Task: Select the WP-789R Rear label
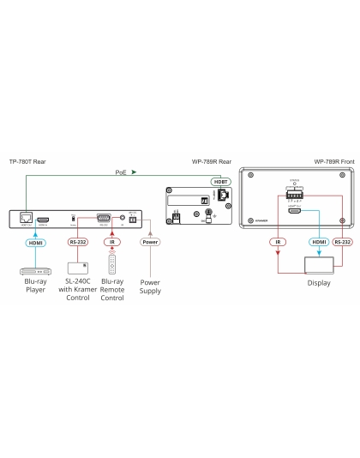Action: coord(211,161)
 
